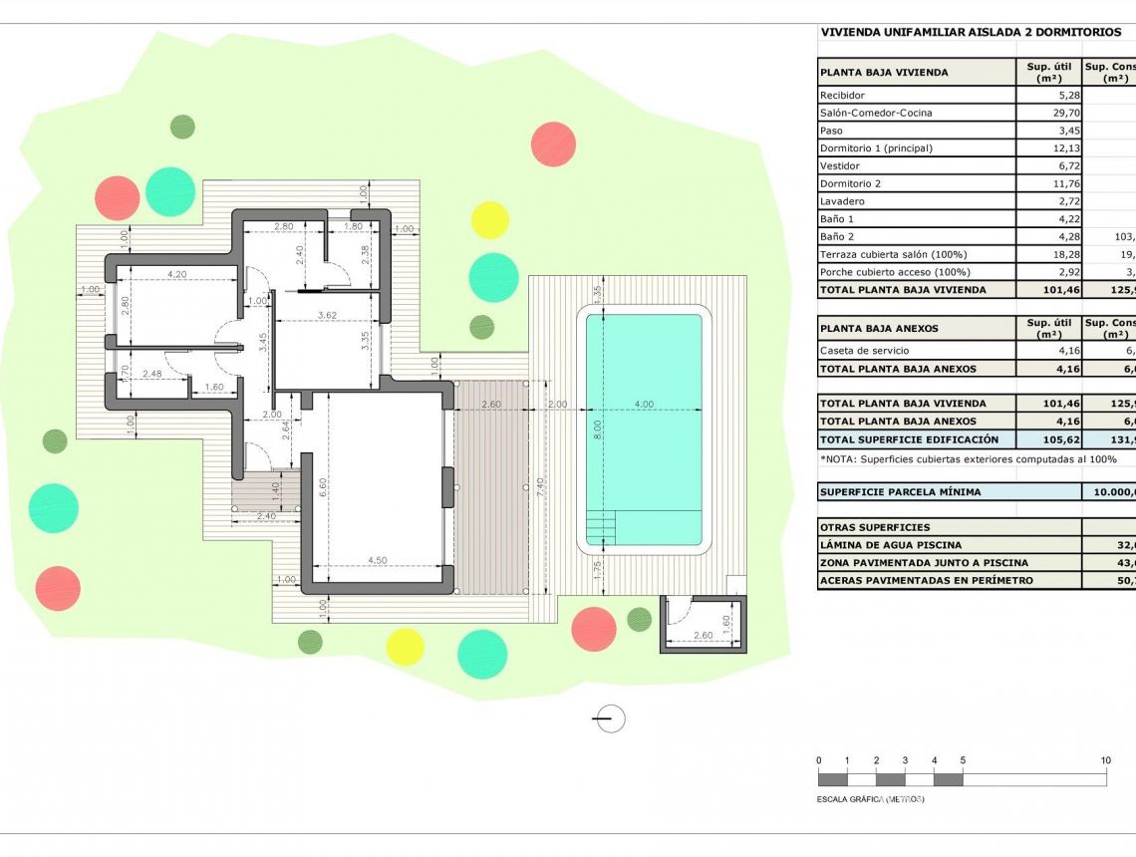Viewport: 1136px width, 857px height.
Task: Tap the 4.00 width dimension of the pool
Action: click(x=644, y=405)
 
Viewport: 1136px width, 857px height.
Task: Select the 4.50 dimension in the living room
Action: click(x=377, y=560)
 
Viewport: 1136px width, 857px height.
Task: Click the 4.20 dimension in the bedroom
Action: click(x=177, y=274)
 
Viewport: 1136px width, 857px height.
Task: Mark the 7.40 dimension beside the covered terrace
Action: click(x=539, y=486)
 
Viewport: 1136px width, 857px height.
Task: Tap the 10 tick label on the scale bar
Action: click(x=1105, y=760)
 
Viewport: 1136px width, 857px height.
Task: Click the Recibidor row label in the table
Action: click(x=842, y=96)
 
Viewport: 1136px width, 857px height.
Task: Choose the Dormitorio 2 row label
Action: click(x=850, y=184)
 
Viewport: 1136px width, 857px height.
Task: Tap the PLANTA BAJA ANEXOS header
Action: click(x=878, y=328)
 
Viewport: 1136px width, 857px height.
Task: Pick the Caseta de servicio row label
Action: click(x=864, y=351)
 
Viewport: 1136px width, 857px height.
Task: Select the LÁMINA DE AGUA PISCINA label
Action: click(x=890, y=545)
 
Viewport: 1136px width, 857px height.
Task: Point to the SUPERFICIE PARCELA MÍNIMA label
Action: click(x=900, y=492)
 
